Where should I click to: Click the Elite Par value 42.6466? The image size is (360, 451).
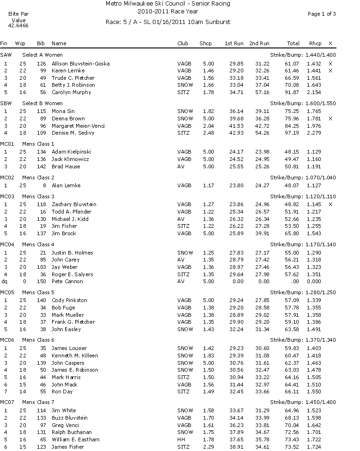point(18,26)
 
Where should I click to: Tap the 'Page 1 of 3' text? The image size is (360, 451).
point(322,14)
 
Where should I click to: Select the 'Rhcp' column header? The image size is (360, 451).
point(315,43)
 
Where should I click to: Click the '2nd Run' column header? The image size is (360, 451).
point(259,43)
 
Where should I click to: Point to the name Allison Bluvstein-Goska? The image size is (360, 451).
point(80,63)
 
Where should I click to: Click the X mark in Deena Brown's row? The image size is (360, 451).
point(330,119)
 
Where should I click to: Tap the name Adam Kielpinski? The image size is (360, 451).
point(72,152)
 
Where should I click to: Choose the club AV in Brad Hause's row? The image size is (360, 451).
point(181,166)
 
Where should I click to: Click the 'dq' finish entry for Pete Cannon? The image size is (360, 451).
point(5,281)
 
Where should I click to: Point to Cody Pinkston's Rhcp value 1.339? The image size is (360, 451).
point(315,300)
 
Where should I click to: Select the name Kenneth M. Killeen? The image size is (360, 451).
point(75,356)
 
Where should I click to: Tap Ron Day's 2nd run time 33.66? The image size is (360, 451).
point(262,392)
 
